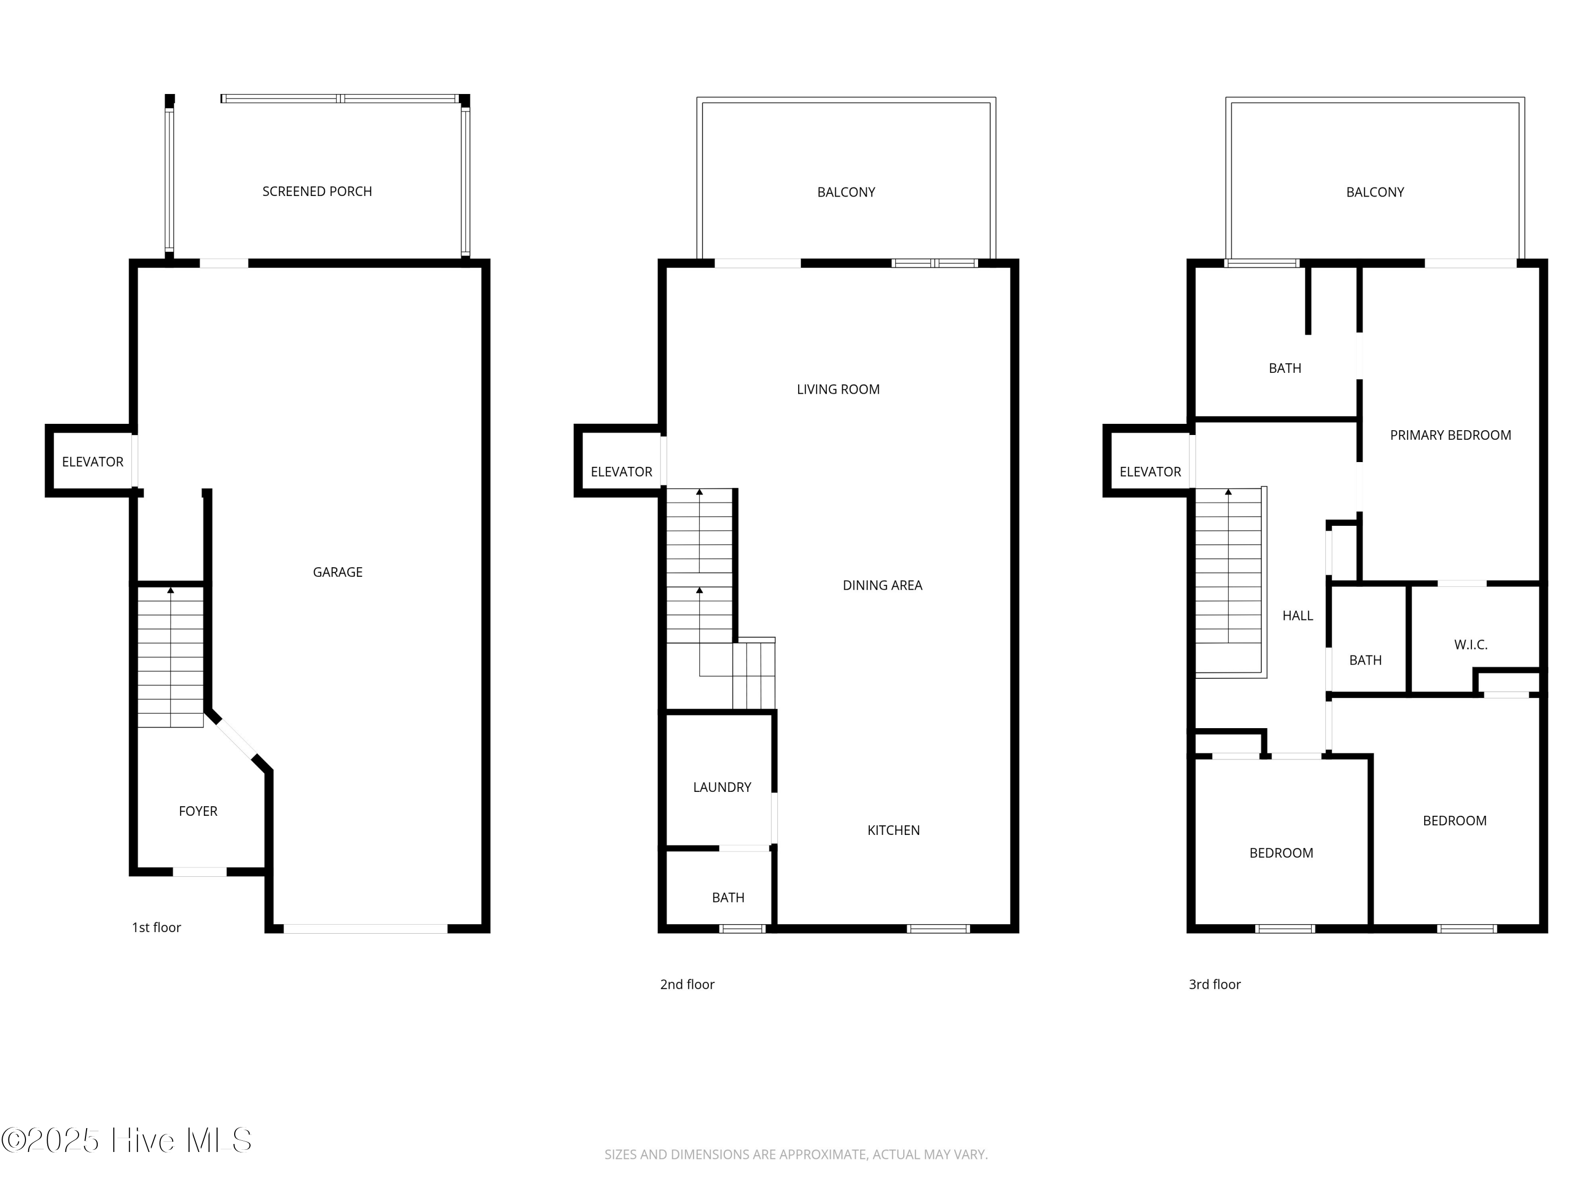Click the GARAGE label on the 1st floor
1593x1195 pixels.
coord(337,572)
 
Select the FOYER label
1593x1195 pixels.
coord(198,811)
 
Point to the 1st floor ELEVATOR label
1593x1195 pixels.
coord(92,462)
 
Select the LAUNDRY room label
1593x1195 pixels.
coord(722,787)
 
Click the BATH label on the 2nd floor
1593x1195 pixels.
coord(728,898)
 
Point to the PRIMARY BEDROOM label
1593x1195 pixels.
coord(1450,435)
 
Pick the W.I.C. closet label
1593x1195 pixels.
coord(1470,645)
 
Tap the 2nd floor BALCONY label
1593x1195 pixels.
coord(846,192)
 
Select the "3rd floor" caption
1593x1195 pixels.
coord(1215,985)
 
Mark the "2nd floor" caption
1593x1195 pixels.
coord(687,985)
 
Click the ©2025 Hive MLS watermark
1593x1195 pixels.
coord(127,1140)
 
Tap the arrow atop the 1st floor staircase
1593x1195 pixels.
coord(170,591)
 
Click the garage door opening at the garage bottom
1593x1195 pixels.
coord(365,928)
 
